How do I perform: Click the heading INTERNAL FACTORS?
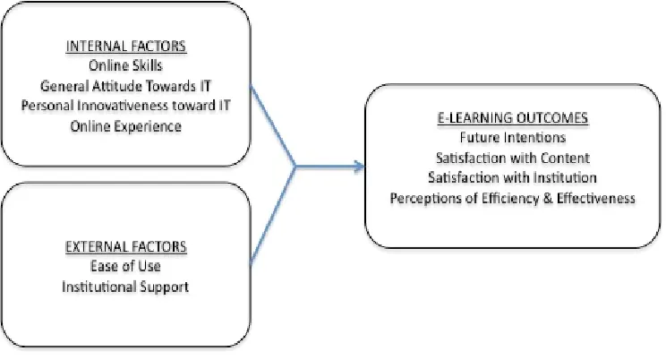click(125, 46)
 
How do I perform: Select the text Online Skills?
click(125, 65)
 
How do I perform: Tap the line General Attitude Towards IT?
click(125, 86)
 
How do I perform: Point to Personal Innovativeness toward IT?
click(125, 106)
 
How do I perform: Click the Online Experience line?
click(125, 126)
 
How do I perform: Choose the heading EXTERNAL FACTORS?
click(125, 246)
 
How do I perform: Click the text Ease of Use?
click(125, 266)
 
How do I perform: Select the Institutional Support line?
click(125, 287)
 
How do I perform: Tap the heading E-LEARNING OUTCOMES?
click(513, 117)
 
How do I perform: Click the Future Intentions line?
click(513, 137)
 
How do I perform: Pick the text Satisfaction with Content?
click(513, 158)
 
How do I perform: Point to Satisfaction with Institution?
click(513, 177)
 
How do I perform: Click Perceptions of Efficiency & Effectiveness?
click(513, 198)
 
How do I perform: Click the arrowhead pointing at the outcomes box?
click(359, 167)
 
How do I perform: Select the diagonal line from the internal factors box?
click(273, 126)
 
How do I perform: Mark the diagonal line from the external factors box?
click(273, 215)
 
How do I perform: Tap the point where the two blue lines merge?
click(295, 167)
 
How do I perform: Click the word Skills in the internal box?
click(148, 65)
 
